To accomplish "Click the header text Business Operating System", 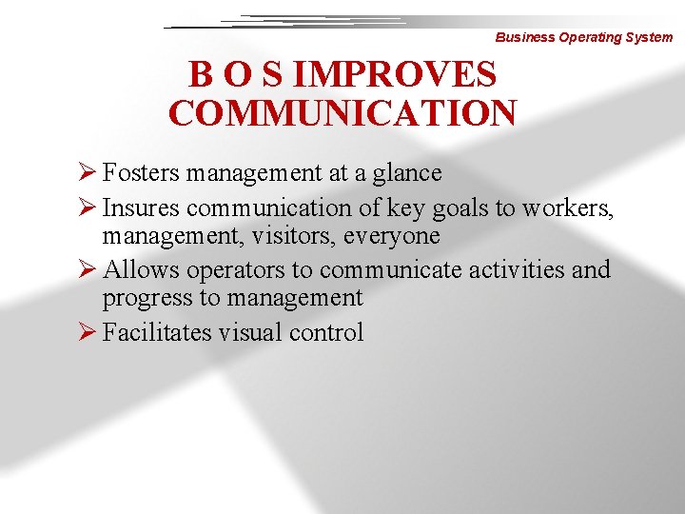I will [583, 37].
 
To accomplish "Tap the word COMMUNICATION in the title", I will [342, 112].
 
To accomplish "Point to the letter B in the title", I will [201, 74].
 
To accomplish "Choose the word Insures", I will [141, 208].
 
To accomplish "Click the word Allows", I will [141, 269].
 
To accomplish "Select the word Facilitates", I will [157, 332].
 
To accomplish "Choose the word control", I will [326, 332].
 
